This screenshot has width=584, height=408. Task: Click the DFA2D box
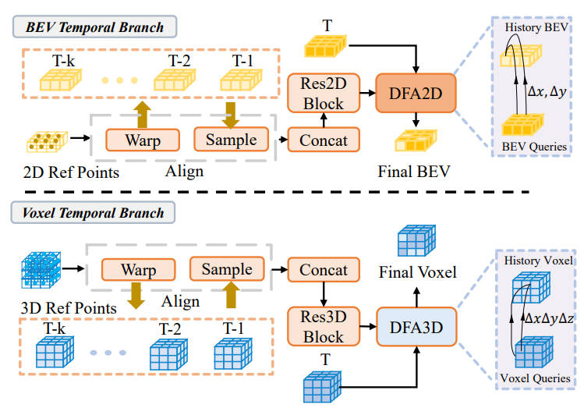pos(416,93)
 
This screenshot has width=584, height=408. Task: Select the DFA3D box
pos(416,327)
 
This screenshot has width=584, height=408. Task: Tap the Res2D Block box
pos(324,93)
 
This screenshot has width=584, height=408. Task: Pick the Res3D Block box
pos(324,326)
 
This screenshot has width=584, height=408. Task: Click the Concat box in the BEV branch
pos(324,140)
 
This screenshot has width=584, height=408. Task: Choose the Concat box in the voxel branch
pos(324,269)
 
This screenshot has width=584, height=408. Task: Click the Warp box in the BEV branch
pos(143,140)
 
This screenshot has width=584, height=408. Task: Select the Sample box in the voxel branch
pos(227,268)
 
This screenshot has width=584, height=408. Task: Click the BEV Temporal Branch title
pos(94,27)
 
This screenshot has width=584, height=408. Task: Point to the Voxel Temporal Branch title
pos(93,212)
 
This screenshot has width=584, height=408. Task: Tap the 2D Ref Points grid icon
pos(48,141)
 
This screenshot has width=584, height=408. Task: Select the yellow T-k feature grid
pos(60,80)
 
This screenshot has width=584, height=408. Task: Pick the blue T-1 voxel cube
pos(233,353)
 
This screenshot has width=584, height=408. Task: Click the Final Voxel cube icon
pos(416,241)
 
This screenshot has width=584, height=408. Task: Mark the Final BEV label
pos(414,172)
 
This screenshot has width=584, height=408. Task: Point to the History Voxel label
pos(538,261)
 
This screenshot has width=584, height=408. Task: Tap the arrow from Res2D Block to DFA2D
pos(368,93)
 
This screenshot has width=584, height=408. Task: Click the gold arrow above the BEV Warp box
pos(143,115)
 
